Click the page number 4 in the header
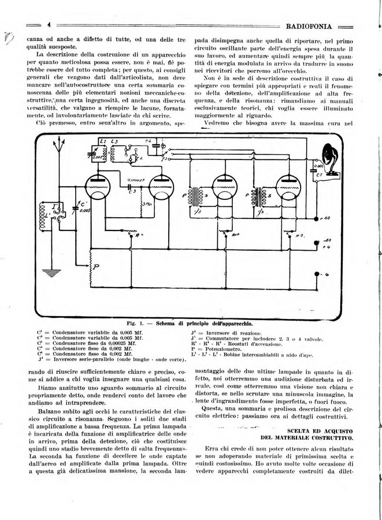click(50, 25)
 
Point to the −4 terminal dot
click(316, 273)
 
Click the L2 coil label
click(102, 140)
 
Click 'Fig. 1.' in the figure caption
click(137, 322)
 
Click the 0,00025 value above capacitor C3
click(135, 179)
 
